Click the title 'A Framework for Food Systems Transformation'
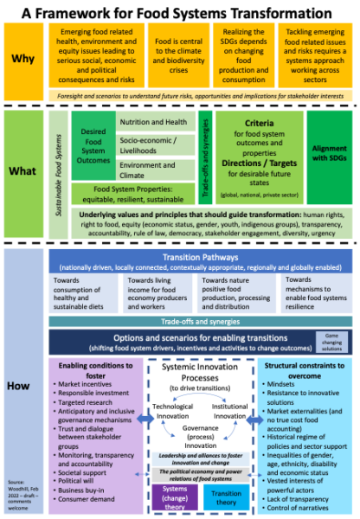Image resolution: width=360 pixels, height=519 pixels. point(180,13)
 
